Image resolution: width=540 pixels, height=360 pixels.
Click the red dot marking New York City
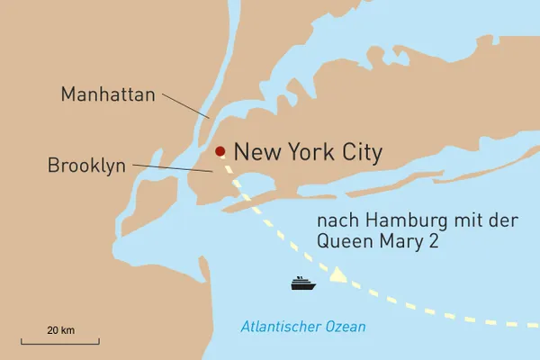pyautogui.click(x=219, y=151)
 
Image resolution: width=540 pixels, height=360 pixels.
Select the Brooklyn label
pyautogui.click(x=86, y=166)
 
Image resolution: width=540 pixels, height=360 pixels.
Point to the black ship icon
pyautogui.click(x=303, y=283)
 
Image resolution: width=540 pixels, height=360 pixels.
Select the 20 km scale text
pyautogui.click(x=61, y=331)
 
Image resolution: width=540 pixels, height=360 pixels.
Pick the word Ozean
pyautogui.click(x=348, y=326)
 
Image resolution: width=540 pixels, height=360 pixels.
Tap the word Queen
pyautogui.click(x=340, y=240)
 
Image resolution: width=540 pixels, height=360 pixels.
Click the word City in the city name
pyautogui.click(x=358, y=152)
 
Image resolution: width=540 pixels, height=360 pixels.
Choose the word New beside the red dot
pyautogui.click(x=254, y=152)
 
